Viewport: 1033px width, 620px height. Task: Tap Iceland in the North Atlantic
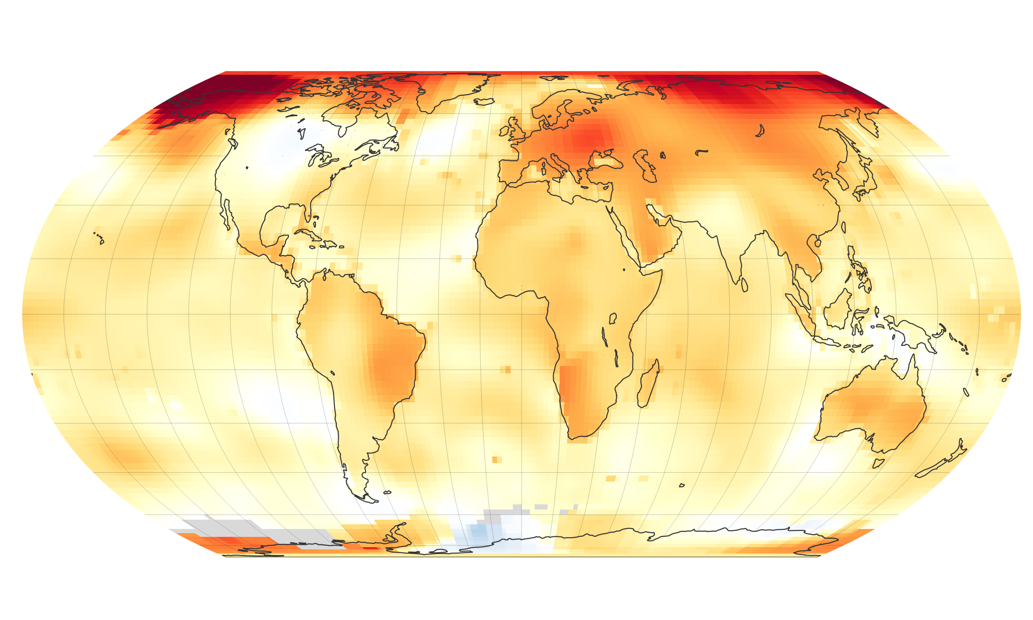[x=483, y=101]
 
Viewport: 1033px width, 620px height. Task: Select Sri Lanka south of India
[x=745, y=285]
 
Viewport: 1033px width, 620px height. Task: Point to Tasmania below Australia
[x=878, y=463]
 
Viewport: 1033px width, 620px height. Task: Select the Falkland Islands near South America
[x=387, y=492]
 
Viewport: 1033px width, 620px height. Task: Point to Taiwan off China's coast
[x=843, y=228]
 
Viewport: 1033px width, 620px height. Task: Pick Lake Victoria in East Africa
[x=612, y=319]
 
